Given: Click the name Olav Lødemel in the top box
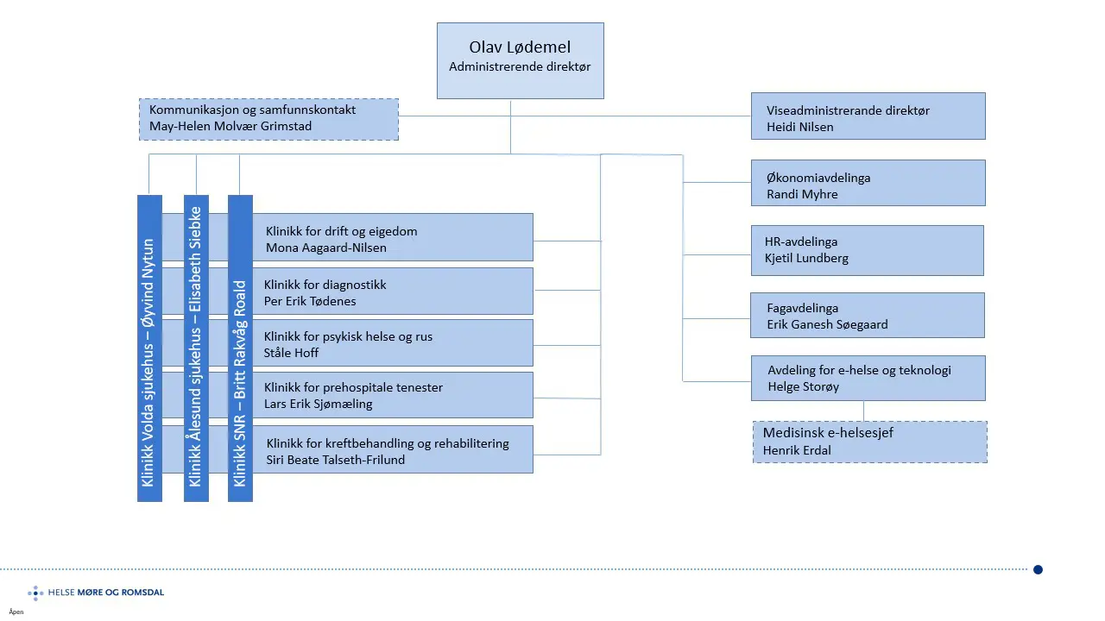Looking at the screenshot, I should [520, 47].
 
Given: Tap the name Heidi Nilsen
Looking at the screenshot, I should [800, 127].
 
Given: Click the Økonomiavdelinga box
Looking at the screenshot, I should [868, 182].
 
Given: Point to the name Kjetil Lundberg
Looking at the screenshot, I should [807, 258].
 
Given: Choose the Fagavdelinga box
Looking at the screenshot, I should [868, 315].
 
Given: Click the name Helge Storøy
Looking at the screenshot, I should [803, 386].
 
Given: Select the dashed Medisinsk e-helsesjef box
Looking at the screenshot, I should [869, 442].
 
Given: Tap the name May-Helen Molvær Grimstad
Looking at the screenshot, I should [230, 127].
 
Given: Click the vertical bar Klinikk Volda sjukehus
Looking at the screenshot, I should [149, 348].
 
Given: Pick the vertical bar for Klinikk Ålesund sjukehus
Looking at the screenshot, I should [196, 348].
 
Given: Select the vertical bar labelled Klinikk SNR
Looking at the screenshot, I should [240, 348].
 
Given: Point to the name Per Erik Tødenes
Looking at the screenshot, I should [310, 301].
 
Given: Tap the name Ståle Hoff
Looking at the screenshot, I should [291, 353].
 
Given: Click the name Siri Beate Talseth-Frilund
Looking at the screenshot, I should [336, 460].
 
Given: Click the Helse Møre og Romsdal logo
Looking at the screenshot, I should [96, 593].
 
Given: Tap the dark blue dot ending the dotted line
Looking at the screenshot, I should [1038, 569].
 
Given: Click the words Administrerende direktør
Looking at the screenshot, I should [520, 66].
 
